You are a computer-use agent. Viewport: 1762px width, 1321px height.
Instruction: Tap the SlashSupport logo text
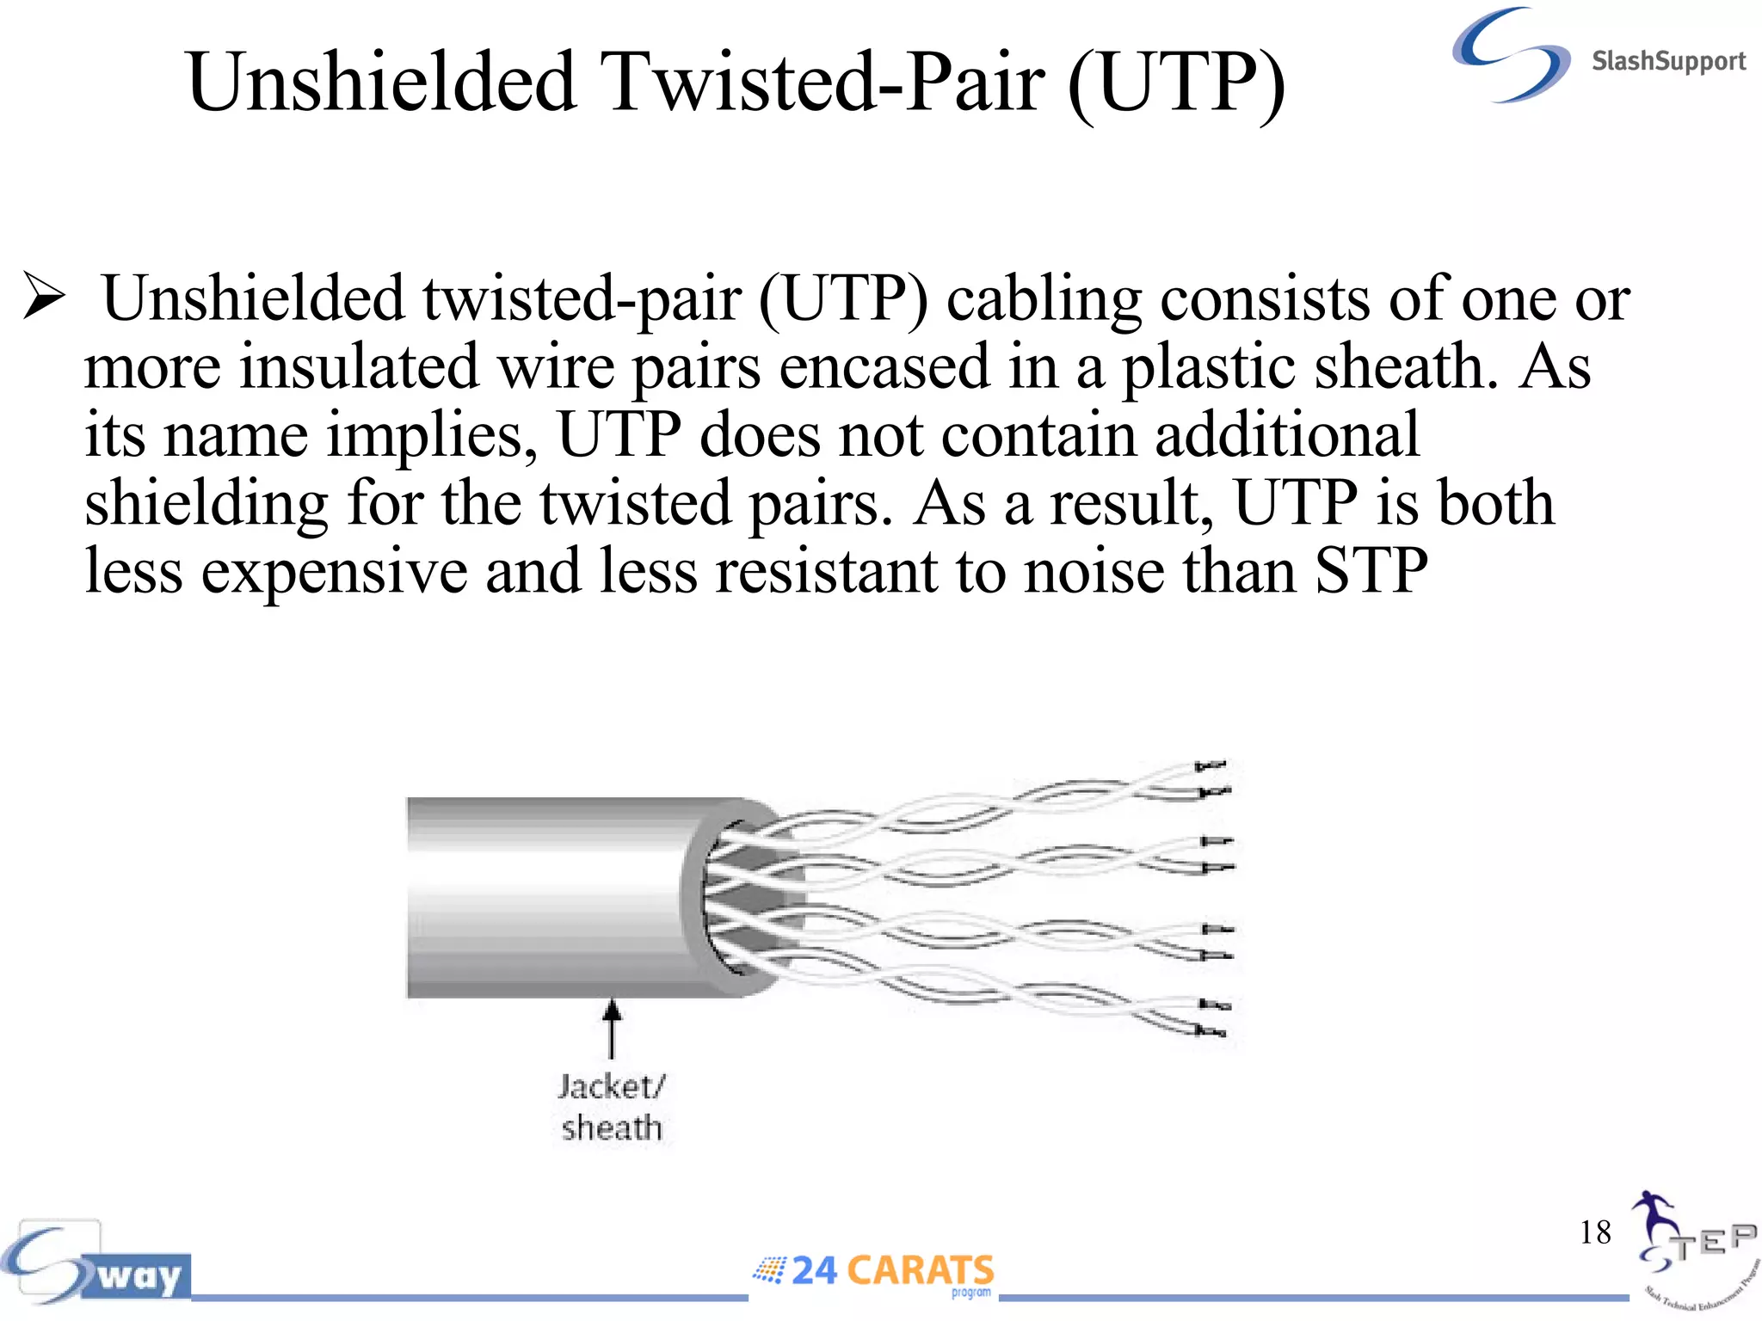pos(1667,61)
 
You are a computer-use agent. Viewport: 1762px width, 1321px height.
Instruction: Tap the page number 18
pos(1594,1232)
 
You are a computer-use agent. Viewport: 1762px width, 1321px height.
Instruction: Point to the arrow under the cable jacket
pos(611,1028)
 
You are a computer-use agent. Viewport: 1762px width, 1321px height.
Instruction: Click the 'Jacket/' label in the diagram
pos(611,1086)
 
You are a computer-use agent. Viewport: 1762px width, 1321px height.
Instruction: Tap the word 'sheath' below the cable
pos(611,1127)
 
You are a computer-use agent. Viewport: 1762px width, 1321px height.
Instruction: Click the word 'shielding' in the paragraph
pos(206,503)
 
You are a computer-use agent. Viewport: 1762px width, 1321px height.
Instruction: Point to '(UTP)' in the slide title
pos(1175,83)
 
